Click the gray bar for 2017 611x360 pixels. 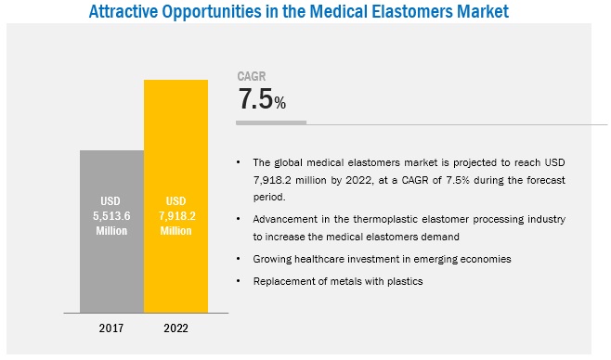click(111, 231)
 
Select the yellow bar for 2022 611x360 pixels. click(175, 196)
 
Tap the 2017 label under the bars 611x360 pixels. click(111, 328)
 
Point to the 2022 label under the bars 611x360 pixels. click(175, 328)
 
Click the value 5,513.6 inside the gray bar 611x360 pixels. click(111, 215)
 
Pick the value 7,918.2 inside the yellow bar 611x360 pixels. click(177, 215)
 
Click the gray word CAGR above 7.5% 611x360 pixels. click(252, 76)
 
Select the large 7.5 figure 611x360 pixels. click(255, 98)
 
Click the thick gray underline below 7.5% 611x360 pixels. click(271, 122)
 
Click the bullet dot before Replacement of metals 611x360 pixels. click(239, 280)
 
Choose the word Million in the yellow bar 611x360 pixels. click(176, 231)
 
